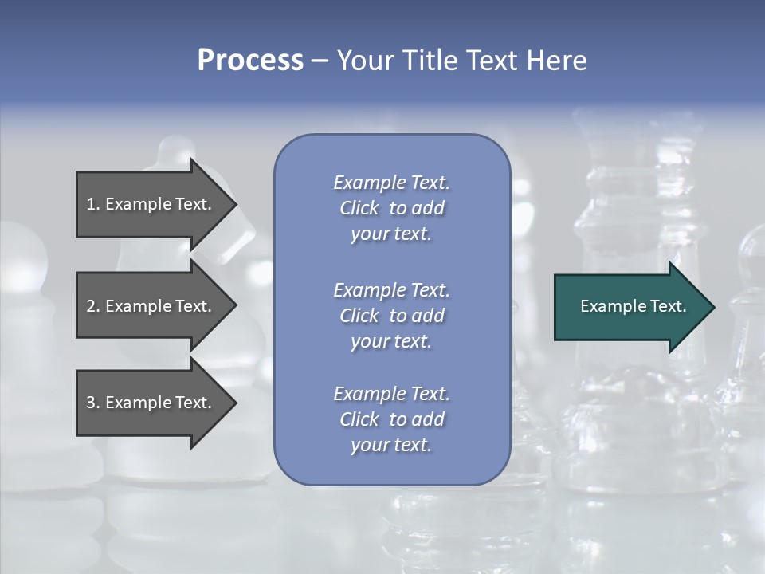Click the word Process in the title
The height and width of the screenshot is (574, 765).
coord(250,61)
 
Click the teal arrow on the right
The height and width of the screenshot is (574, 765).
coord(630,306)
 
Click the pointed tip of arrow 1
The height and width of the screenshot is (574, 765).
coord(234,204)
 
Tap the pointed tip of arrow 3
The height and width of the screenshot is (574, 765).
coord(234,403)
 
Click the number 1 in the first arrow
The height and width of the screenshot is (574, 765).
coord(91,204)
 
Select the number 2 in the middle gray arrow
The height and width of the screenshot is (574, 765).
coord(91,306)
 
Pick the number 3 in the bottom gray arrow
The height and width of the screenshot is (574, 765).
coord(91,403)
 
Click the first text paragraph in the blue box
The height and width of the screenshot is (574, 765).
coord(391,208)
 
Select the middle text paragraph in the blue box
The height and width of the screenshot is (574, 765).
coord(391,315)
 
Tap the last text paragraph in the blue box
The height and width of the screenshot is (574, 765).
coord(391,419)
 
